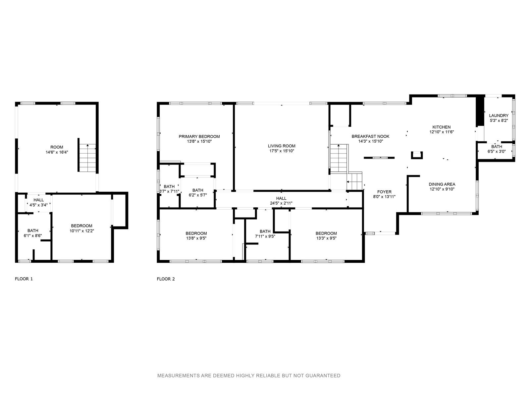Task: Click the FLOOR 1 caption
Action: click(x=24, y=279)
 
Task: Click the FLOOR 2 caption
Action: click(x=166, y=279)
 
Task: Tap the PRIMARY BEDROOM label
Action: click(x=199, y=137)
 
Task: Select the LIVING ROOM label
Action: click(x=282, y=146)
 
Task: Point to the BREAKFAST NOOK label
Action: click(x=370, y=137)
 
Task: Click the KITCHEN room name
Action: click(x=441, y=127)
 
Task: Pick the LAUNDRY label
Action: click(x=499, y=116)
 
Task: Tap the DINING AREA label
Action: click(x=442, y=184)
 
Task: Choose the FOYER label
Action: click(x=384, y=192)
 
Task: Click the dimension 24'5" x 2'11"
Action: click(x=281, y=203)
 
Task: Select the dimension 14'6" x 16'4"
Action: click(x=57, y=152)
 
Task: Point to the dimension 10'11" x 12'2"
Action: click(x=81, y=231)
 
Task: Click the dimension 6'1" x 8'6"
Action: click(x=32, y=235)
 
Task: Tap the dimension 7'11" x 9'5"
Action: click(x=265, y=236)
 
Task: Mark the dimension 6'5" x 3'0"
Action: click(x=497, y=152)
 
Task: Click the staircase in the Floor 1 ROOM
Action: click(x=87, y=158)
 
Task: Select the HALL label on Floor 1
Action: click(x=39, y=200)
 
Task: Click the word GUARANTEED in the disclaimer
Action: click(x=323, y=375)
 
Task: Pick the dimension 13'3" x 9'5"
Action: click(x=326, y=238)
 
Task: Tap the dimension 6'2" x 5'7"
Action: click(x=198, y=195)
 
